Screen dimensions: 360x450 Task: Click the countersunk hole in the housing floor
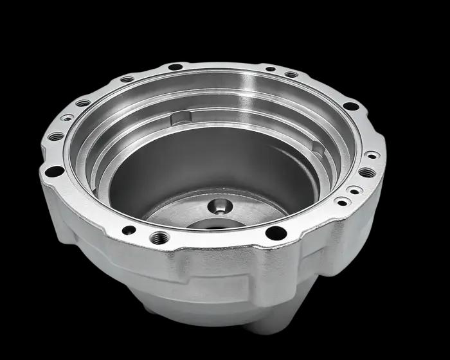[221, 206]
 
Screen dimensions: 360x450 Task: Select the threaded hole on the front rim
[159, 239]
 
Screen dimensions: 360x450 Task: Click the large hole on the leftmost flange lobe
[55, 171]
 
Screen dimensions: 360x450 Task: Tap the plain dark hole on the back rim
[175, 67]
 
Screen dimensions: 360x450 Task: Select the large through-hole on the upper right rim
[350, 106]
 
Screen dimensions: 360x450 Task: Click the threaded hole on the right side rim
[366, 172]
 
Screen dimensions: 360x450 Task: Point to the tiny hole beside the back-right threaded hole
[271, 69]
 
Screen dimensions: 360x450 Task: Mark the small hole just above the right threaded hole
[371, 155]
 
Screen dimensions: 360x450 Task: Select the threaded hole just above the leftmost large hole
[57, 136]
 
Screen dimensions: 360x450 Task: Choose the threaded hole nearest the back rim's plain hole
[127, 80]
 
